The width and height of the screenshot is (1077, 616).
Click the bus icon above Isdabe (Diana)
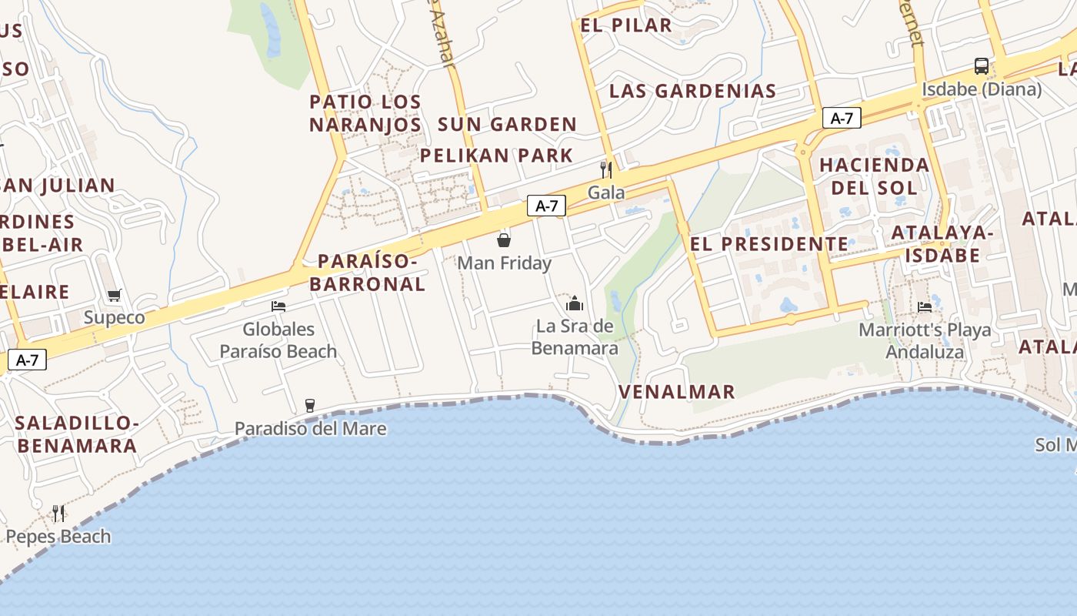[981, 66]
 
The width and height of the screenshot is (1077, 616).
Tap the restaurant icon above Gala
[606, 169]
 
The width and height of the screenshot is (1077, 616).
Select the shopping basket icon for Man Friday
[504, 240]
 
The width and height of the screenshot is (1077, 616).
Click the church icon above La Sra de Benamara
[575, 303]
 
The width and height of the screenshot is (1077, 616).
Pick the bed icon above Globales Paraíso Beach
[278, 306]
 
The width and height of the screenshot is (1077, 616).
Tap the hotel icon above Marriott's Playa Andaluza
[925, 306]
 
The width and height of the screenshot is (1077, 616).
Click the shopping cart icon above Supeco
[115, 295]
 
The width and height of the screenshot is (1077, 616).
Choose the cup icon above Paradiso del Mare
[310, 405]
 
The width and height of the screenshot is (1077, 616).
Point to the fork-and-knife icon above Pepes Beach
[58, 513]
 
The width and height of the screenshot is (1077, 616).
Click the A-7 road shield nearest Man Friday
[546, 206]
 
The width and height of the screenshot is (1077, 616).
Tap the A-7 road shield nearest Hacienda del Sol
[842, 118]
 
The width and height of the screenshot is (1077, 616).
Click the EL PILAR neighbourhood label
[626, 25]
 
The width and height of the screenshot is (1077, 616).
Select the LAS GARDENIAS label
[692, 91]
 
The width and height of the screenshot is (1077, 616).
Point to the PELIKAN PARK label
[496, 155]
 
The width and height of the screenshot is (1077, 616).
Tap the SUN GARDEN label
[507, 124]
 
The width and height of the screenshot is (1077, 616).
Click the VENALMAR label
[677, 391]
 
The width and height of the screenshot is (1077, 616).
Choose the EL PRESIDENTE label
[769, 244]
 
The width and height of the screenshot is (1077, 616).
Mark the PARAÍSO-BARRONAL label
[368, 273]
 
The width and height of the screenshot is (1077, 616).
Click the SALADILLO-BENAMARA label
[77, 434]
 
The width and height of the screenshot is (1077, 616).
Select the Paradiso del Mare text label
[310, 428]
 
